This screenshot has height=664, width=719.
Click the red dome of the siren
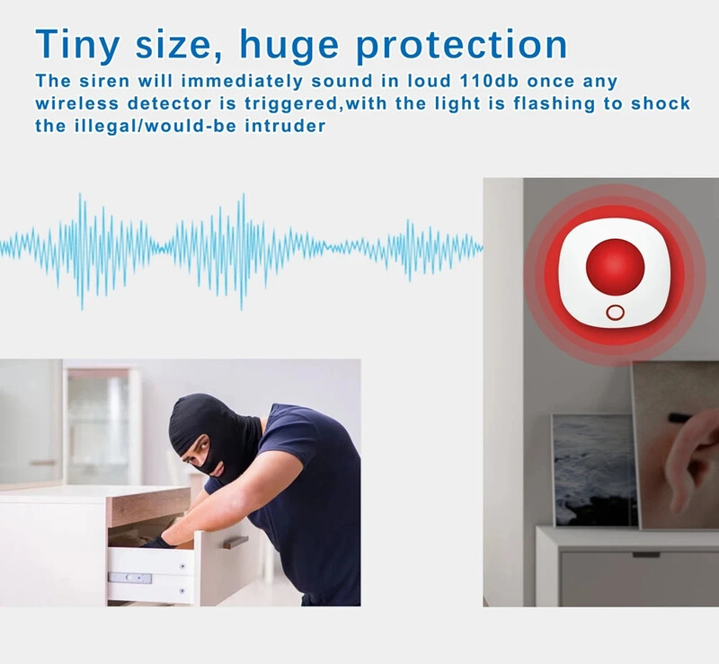[x=615, y=267]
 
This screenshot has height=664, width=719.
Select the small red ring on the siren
[x=615, y=312]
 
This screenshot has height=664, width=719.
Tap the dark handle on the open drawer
[x=235, y=542]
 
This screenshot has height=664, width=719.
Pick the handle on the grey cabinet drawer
[x=645, y=554]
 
